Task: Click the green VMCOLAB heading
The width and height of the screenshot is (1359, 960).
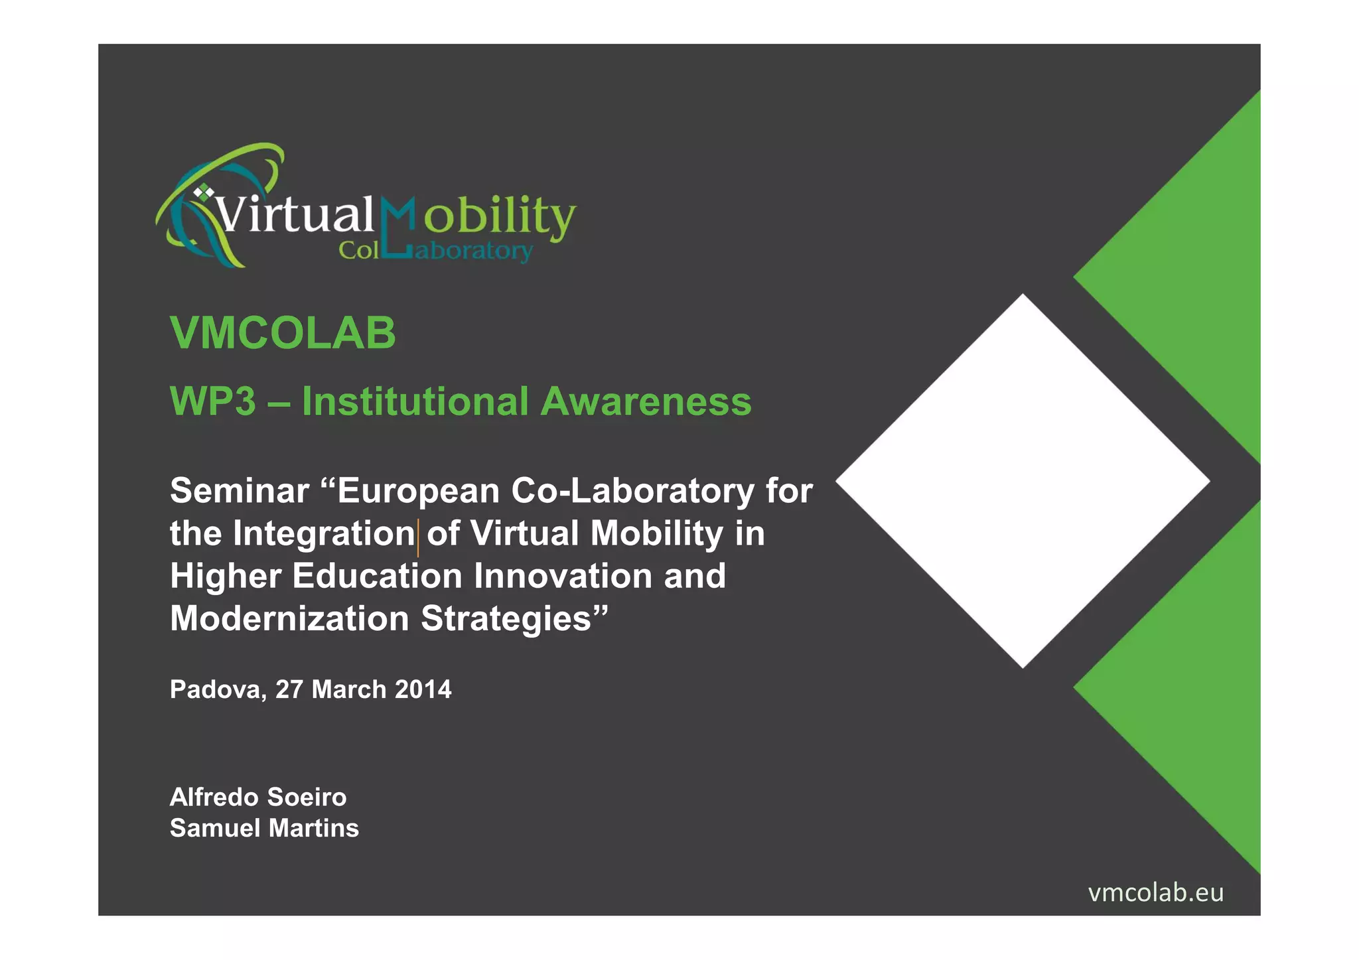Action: point(283,333)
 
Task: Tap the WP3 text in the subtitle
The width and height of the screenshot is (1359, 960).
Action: point(212,402)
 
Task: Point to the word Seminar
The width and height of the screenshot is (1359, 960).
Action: point(240,492)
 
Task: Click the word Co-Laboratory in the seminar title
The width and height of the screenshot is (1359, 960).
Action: point(632,492)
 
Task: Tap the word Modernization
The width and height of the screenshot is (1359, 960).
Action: point(289,619)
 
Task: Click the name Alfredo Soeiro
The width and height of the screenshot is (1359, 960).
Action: point(258,797)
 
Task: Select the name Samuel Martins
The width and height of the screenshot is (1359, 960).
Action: point(264,829)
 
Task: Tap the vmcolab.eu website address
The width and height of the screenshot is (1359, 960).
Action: point(1155,893)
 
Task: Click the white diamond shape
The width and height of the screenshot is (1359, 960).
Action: point(1023,481)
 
